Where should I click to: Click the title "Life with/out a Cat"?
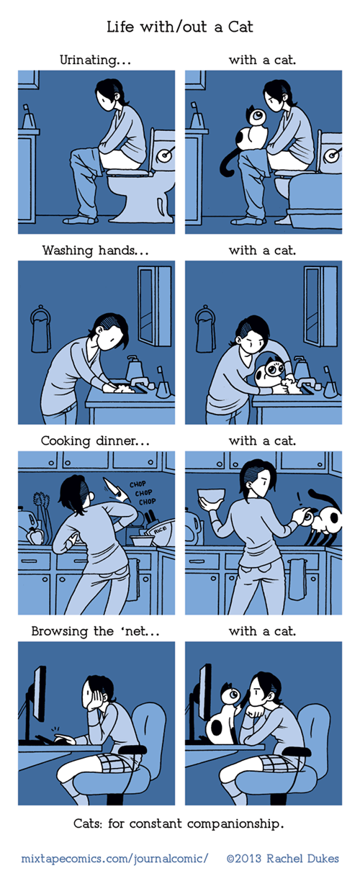click(180, 27)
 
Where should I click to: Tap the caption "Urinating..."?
click(95, 60)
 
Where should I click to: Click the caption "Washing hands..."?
click(96, 250)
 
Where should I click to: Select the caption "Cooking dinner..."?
click(95, 441)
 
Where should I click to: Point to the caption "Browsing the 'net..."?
click(96, 631)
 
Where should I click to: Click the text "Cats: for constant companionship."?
click(179, 823)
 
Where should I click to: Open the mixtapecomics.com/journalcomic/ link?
click(114, 859)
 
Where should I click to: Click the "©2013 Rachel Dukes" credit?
click(282, 859)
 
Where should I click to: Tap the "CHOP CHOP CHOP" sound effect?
click(143, 493)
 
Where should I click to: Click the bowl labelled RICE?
click(160, 533)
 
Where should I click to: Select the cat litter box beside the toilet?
click(315, 202)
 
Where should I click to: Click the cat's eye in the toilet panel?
click(258, 116)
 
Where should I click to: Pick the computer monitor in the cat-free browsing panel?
click(39, 694)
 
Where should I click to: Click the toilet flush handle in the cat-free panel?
click(167, 153)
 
